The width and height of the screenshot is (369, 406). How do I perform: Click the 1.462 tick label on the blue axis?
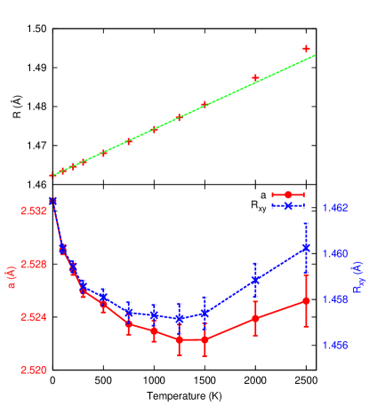[335, 208]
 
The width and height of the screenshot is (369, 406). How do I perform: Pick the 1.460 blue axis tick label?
[335, 253]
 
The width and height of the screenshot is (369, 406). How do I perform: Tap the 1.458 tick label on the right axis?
[335, 299]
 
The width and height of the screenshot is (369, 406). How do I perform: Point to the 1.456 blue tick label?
[335, 345]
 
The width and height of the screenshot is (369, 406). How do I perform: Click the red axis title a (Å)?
[10, 290]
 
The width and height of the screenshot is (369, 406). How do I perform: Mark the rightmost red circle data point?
[306, 301]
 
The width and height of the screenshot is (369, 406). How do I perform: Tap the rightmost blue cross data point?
[306, 248]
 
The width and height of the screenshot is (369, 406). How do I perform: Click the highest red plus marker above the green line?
[307, 48]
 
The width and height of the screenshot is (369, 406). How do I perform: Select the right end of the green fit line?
[316, 56]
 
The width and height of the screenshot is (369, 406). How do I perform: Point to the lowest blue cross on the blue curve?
[180, 317]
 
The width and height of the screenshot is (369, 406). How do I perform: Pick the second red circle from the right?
[255, 317]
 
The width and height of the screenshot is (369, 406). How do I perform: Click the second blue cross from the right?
[255, 280]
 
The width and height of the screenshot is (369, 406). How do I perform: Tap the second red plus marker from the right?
[255, 78]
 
